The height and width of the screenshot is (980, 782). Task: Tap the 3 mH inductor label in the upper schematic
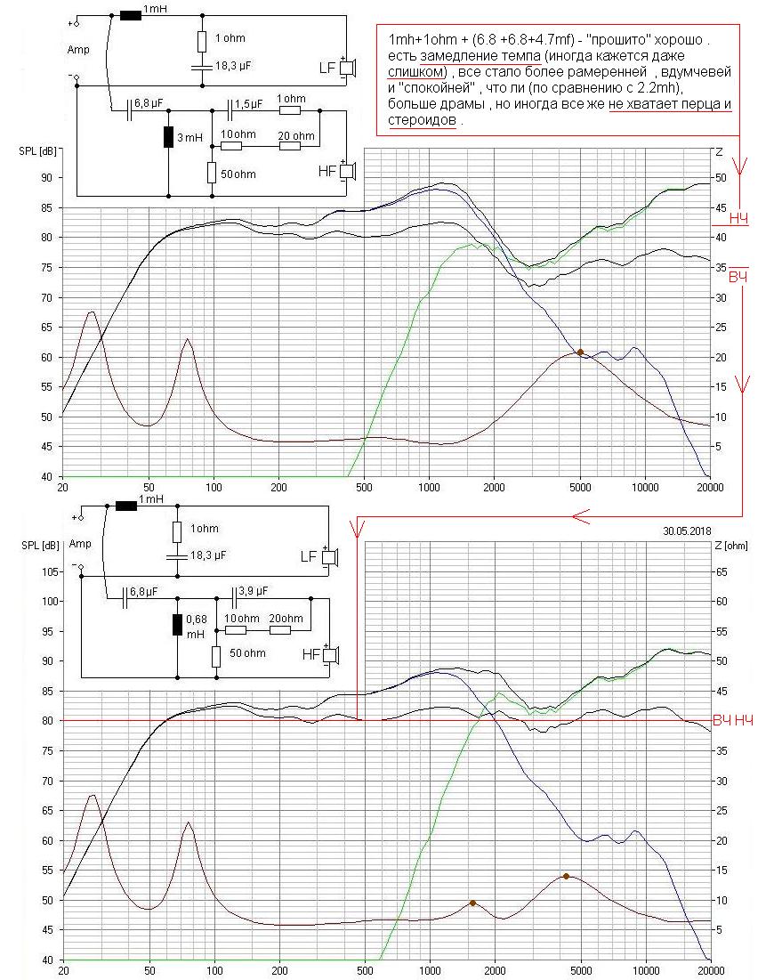pyautogui.click(x=188, y=138)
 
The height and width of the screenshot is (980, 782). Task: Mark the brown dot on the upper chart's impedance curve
pyautogui.click(x=580, y=352)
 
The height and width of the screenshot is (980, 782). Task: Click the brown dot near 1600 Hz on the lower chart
pyautogui.click(x=473, y=903)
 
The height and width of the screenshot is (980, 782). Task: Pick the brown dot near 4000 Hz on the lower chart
pyautogui.click(x=566, y=876)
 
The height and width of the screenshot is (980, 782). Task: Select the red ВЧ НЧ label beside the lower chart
pyautogui.click(x=734, y=719)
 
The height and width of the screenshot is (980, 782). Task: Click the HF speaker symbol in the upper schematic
pyautogui.click(x=349, y=171)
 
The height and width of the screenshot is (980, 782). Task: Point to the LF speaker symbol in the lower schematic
pyautogui.click(x=330, y=557)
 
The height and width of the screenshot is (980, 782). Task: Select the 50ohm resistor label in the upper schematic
pyautogui.click(x=238, y=174)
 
